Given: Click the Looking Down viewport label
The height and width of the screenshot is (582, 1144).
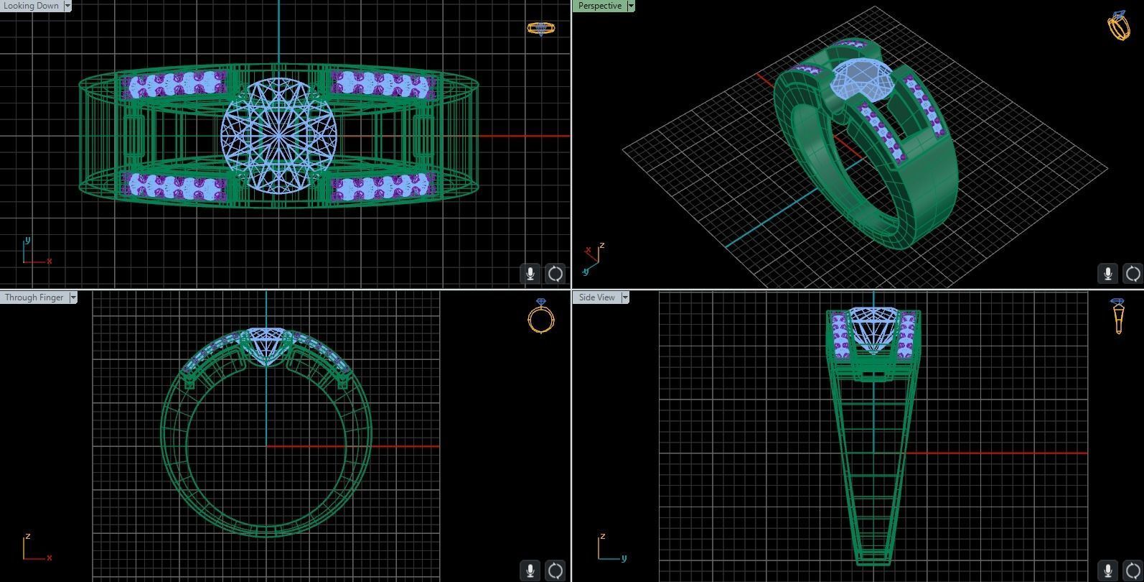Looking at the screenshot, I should pos(31,6).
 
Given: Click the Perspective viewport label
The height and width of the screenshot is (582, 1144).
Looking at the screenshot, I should pos(599,6).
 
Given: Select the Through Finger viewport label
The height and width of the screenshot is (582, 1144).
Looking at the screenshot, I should pos(34,297).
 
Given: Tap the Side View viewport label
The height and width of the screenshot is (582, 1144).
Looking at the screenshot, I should pos(596,297).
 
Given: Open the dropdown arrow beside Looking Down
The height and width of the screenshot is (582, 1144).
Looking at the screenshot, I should pos(67,6).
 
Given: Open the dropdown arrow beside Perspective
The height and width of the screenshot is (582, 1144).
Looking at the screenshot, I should pos(631,6).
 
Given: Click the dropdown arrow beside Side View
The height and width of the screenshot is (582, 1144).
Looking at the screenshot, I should pos(625,297).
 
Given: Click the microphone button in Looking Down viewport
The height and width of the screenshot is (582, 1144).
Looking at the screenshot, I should pos(530,274).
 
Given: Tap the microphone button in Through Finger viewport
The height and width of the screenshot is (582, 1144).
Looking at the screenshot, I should pos(530,571).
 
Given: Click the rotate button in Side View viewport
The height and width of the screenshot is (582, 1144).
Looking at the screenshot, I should pos(1133,571).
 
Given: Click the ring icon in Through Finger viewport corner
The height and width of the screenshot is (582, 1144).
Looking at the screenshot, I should pos(541,316).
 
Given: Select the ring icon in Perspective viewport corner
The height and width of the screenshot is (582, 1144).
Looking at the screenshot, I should pos(1119,25).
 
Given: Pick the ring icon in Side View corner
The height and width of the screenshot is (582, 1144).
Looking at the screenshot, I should pos(1117,316).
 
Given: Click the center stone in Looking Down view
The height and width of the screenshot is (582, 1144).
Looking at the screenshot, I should pos(279,135).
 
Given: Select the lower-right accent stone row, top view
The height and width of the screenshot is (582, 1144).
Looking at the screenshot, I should pos(382,187).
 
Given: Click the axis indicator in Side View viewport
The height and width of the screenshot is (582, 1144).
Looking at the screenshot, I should pos(610,549).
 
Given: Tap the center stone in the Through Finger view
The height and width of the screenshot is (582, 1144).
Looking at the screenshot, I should pos(266,343).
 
